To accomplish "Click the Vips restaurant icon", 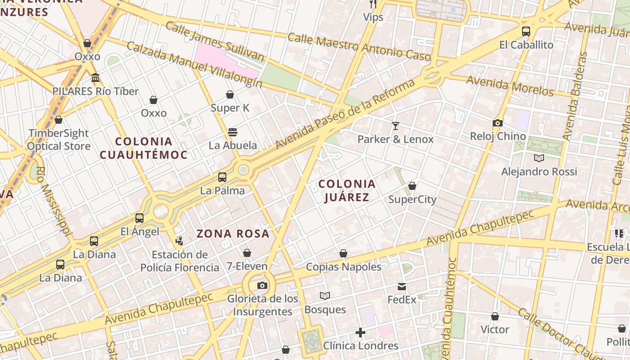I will (x=373, y=4).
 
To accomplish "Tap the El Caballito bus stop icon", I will (x=526, y=31).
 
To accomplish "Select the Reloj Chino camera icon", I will (x=497, y=123).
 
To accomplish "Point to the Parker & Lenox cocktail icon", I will (x=396, y=126).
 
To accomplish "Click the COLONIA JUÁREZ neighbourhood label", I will (x=347, y=190).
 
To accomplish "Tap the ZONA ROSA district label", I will (x=233, y=234).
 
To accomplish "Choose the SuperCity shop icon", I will (x=412, y=186).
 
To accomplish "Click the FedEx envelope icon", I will (x=402, y=286).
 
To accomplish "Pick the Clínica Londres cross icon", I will (x=360, y=333).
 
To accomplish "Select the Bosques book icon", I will (x=325, y=296).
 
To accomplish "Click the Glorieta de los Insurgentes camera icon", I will (x=262, y=285).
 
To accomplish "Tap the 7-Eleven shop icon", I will (x=247, y=253).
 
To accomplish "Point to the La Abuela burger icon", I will (x=233, y=132).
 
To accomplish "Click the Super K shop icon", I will (x=230, y=94).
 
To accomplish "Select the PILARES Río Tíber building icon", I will (x=95, y=78).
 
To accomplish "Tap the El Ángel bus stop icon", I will (x=139, y=218).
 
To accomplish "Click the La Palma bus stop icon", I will (x=222, y=177).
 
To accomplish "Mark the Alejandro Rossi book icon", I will (x=539, y=158).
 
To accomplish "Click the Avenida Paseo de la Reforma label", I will (x=345, y=115).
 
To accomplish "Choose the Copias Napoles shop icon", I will (x=343, y=253).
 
